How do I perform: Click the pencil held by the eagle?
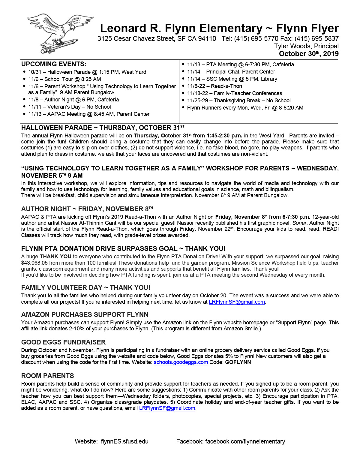[x=58, y=45]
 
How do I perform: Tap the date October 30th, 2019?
[x=309, y=54]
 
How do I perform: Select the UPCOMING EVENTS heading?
[x=54, y=64]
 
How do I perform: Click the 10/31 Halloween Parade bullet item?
[x=87, y=72]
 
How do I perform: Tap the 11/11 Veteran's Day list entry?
[x=69, y=107]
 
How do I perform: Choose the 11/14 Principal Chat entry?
[x=231, y=72]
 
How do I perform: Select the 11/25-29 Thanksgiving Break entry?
[x=239, y=101]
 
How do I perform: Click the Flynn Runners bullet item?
[x=245, y=108]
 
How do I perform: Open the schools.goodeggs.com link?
[x=181, y=362]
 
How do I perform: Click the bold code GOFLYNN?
[x=238, y=362]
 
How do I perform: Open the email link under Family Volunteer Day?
[x=237, y=302]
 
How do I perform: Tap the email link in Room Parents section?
[x=167, y=408]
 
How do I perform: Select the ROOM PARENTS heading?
[x=47, y=376]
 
